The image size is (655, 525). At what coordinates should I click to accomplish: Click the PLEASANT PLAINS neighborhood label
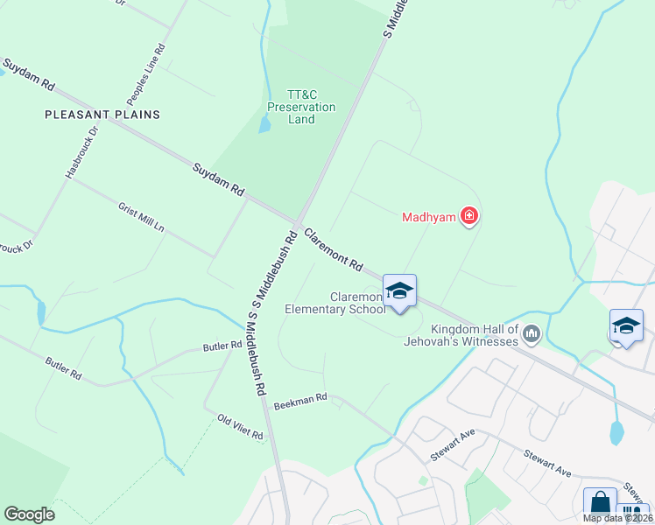(102, 115)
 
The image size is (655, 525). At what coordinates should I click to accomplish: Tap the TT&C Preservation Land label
(301, 107)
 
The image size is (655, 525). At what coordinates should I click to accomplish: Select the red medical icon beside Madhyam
(469, 215)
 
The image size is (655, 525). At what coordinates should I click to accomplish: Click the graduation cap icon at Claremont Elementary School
(399, 291)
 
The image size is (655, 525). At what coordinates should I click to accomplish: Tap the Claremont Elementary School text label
(335, 303)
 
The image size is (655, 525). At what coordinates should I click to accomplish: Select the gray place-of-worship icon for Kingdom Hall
(532, 333)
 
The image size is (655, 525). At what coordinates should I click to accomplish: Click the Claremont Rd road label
(334, 249)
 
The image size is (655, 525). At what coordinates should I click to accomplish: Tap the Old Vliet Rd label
(240, 426)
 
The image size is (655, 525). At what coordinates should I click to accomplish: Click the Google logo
(29, 514)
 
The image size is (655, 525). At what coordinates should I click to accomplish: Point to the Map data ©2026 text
(618, 518)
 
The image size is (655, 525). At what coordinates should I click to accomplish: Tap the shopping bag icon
(600, 504)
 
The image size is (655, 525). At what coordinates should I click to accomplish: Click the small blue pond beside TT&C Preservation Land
(264, 124)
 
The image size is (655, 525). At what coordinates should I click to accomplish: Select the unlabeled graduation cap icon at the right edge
(627, 326)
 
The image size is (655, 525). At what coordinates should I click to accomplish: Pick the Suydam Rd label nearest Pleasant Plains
(29, 77)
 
